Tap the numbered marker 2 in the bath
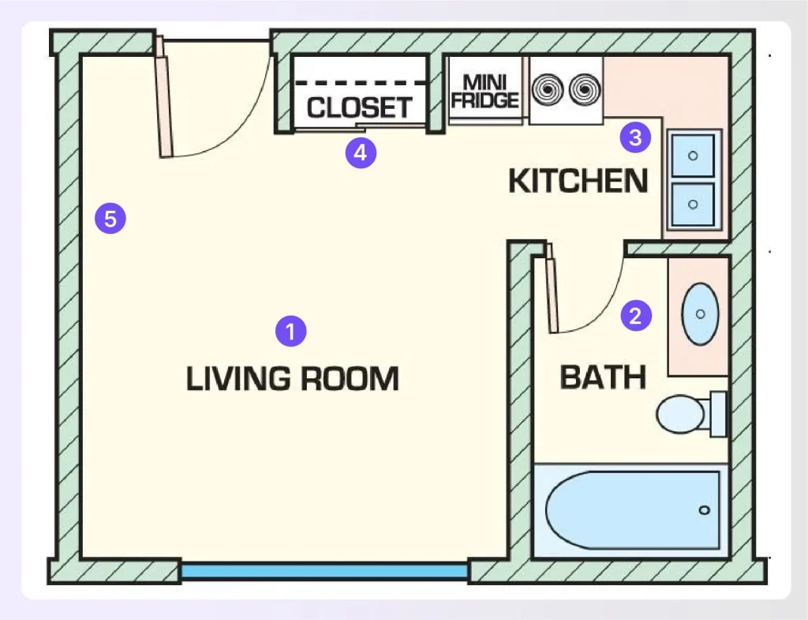[x=636, y=316]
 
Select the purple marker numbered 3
[x=635, y=138]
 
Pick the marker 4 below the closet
[x=361, y=152]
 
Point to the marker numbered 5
[x=110, y=218]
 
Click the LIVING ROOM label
[x=292, y=379]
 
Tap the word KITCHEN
[x=578, y=182]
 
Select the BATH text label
[x=603, y=378]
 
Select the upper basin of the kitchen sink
[x=693, y=156]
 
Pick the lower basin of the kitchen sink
[x=693, y=204]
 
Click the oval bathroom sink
[x=700, y=314]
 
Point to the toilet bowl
[x=679, y=414]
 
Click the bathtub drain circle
[x=705, y=510]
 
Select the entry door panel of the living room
[x=163, y=97]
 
